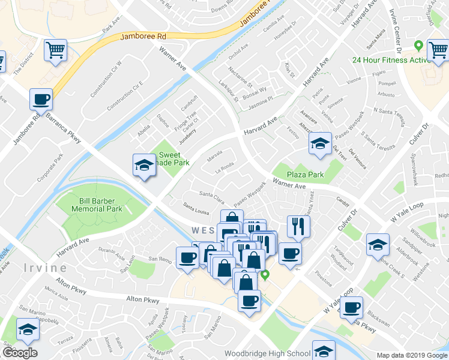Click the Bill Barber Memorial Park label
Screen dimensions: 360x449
(x=97, y=205)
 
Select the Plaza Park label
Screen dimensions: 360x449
(x=305, y=175)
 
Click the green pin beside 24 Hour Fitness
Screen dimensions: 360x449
(x=418, y=45)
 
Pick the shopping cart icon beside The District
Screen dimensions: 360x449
(x=56, y=50)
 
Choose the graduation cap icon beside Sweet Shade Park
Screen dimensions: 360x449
(x=144, y=166)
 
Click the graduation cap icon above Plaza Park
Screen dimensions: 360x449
(x=320, y=143)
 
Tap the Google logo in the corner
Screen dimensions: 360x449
(x=20, y=353)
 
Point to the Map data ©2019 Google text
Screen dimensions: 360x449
(x=411, y=355)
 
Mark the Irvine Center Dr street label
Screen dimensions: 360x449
(x=395, y=17)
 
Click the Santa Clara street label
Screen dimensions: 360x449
(x=212, y=194)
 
